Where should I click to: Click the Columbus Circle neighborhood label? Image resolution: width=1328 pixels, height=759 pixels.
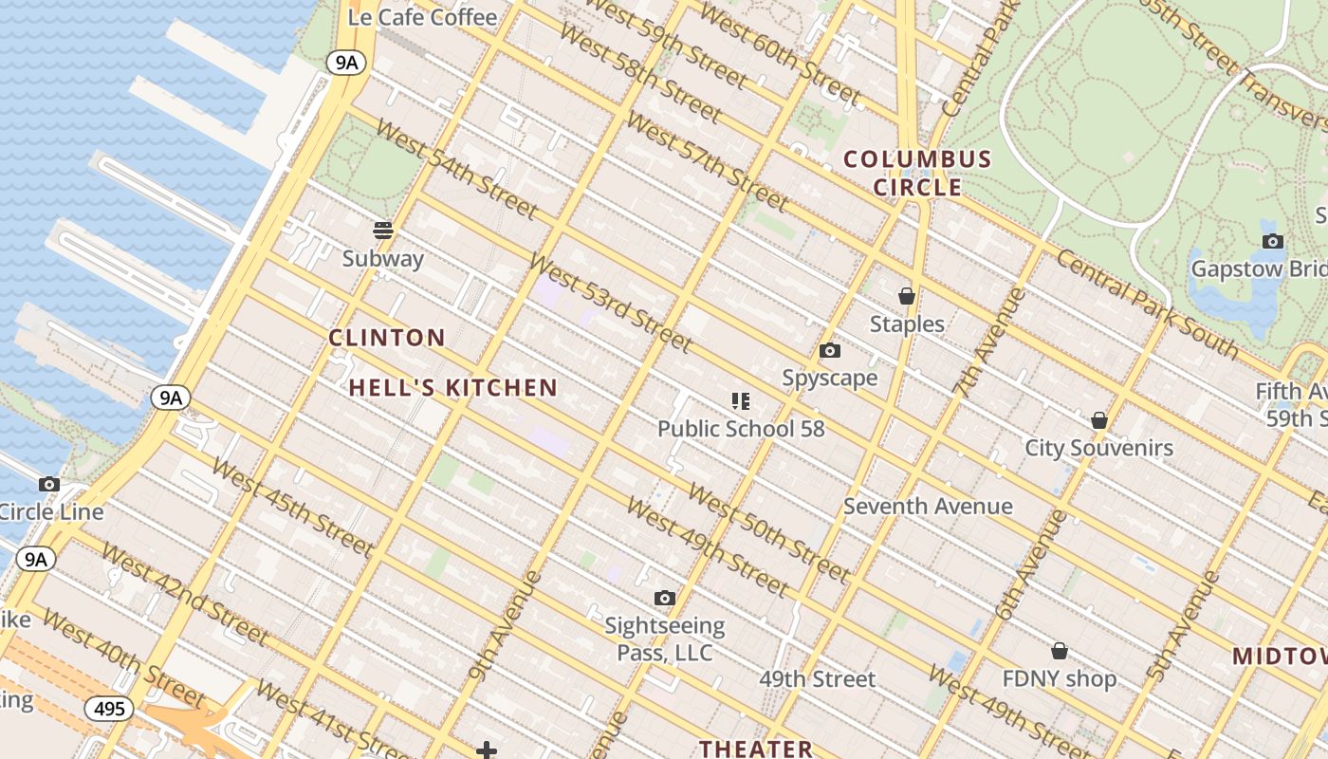[917, 173]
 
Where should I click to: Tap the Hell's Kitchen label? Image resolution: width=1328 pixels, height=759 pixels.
[452, 387]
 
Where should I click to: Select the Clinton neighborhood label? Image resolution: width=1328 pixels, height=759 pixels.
[387, 338]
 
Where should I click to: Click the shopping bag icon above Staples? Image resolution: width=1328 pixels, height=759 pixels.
[907, 296]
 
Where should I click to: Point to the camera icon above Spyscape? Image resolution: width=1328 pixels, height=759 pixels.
[830, 351]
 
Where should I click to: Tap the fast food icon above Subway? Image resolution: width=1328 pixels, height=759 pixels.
[383, 231]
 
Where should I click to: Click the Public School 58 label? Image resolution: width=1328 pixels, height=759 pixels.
[741, 429]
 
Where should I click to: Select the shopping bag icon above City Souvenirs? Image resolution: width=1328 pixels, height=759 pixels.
[1099, 419]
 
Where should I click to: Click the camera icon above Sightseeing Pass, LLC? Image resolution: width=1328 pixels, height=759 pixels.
[665, 598]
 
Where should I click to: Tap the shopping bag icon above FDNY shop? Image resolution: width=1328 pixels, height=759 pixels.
[1060, 651]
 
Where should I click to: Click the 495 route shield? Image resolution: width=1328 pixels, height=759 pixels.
[109, 708]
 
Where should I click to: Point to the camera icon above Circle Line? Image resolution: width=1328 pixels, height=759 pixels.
[49, 484]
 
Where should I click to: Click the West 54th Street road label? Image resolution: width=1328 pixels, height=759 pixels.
[457, 168]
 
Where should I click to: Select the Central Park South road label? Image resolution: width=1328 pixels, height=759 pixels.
[1147, 305]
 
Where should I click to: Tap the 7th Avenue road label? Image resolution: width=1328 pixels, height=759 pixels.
[989, 341]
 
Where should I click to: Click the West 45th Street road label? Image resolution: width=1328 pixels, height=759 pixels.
[292, 508]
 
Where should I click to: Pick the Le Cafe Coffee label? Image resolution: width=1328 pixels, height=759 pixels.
[422, 17]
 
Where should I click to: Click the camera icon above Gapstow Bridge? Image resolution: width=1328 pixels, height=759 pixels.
[1273, 241]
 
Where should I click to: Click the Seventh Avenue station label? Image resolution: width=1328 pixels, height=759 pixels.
[928, 506]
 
